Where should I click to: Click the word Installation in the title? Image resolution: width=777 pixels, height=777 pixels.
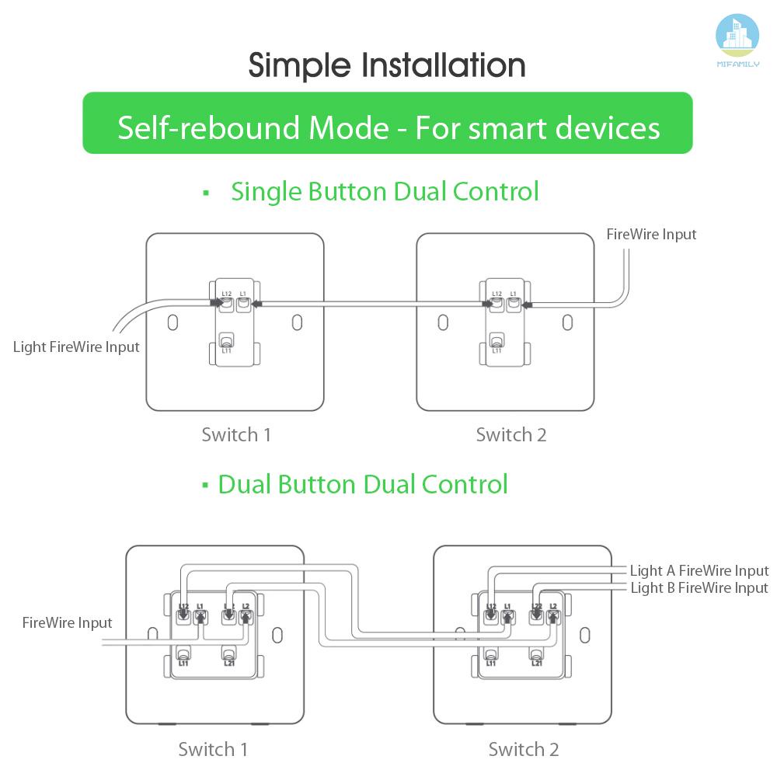pyautogui.click(x=444, y=65)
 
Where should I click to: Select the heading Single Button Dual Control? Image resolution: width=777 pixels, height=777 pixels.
pyautogui.click(x=385, y=191)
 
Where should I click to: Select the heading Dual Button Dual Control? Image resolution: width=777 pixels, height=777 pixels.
pyautogui.click(x=362, y=484)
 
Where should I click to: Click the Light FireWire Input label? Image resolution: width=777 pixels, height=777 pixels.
pyautogui.click(x=76, y=347)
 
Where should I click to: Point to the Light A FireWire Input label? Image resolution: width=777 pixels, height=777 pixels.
pyautogui.click(x=699, y=571)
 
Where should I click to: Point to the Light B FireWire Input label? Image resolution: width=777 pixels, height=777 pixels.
pyautogui.click(x=699, y=588)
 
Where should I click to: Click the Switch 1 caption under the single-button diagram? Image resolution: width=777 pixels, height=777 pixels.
pyautogui.click(x=236, y=434)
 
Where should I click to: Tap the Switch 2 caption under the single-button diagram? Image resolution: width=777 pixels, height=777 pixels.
pyautogui.click(x=511, y=434)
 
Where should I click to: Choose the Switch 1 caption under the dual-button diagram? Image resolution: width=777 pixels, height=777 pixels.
pyautogui.click(x=213, y=749)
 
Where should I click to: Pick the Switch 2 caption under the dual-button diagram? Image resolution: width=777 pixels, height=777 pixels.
pyautogui.click(x=523, y=749)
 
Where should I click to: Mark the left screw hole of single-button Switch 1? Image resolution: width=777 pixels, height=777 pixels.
pyautogui.click(x=172, y=321)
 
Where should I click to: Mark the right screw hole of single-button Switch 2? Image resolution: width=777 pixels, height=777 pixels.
pyautogui.click(x=567, y=321)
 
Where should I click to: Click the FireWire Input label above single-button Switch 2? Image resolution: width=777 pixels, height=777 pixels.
pyautogui.click(x=651, y=234)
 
